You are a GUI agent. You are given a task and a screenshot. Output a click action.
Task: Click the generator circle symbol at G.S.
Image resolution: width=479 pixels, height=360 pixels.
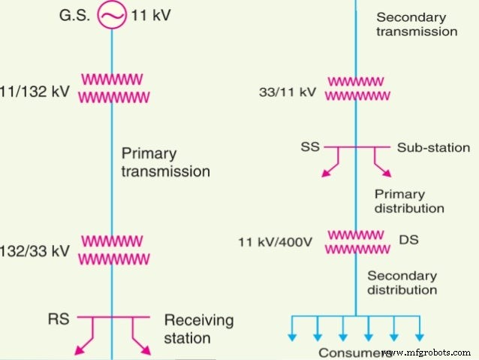click(111, 14)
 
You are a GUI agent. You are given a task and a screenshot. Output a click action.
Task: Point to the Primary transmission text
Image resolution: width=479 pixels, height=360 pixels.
click(165, 162)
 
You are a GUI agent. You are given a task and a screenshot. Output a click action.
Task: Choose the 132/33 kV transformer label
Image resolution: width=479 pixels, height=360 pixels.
click(35, 251)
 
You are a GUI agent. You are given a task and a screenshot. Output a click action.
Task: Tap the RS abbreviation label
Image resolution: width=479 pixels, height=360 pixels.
click(56, 319)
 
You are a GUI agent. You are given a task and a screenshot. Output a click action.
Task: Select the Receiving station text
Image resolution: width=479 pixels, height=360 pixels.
click(199, 329)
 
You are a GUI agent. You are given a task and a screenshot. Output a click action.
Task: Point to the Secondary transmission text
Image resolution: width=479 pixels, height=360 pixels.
click(416, 24)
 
